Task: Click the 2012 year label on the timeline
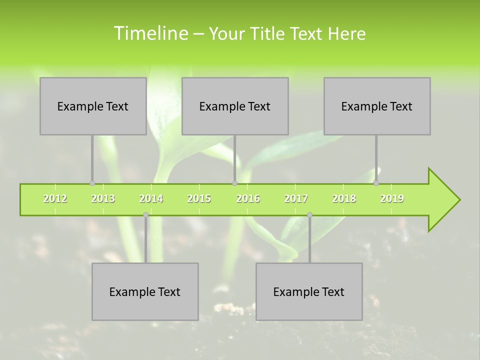click(55, 198)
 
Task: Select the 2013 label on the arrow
click(103, 198)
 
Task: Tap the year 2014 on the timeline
click(151, 198)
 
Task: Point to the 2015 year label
click(199, 198)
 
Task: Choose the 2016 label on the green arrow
click(248, 198)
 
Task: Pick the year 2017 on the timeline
click(296, 198)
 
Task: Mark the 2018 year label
click(344, 198)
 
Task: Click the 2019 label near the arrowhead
click(392, 198)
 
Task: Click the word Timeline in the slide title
click(150, 33)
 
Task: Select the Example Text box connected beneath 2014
click(145, 291)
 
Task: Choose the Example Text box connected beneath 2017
click(309, 291)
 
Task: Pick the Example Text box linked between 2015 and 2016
click(235, 106)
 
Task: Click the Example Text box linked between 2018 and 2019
click(377, 106)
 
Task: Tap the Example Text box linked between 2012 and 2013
click(93, 106)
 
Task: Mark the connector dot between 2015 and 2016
click(234, 183)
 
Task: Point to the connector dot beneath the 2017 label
click(309, 215)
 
